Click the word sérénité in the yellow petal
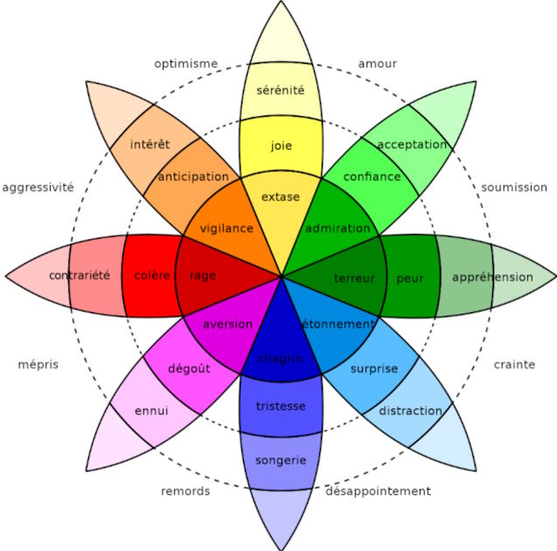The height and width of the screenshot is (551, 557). click(281, 89)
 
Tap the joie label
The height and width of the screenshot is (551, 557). click(282, 145)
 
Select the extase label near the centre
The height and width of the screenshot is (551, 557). click(281, 197)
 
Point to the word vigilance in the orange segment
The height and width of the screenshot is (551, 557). click(226, 228)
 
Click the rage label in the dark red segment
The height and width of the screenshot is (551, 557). click(203, 275)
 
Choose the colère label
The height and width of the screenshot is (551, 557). click(152, 275)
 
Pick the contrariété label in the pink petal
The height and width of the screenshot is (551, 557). click(80, 275)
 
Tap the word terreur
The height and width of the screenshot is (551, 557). click(354, 278)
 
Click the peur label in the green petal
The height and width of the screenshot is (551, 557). click(409, 278)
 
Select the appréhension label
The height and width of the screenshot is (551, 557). click(492, 277)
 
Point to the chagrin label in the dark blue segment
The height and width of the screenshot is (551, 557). click(281, 358)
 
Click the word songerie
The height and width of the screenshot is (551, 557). click(281, 459)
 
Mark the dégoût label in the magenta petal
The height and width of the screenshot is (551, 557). click(189, 369)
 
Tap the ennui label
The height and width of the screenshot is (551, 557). click(151, 410)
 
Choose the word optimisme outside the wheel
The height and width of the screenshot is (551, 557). click(185, 63)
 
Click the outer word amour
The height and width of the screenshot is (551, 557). click(377, 63)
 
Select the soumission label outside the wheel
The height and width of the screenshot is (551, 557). click(514, 187)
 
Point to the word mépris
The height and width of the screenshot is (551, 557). click(38, 364)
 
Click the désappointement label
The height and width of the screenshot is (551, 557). click(378, 491)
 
